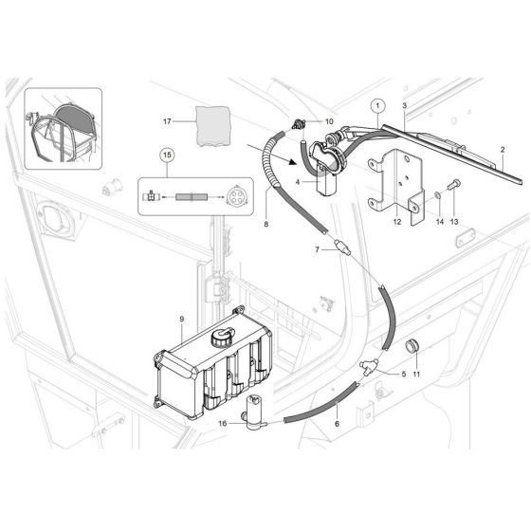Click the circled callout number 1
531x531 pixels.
[x=376, y=105]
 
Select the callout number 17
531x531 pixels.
[x=167, y=121]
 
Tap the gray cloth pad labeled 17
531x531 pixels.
[x=214, y=123]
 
